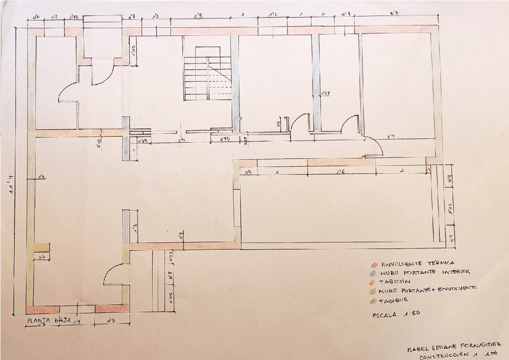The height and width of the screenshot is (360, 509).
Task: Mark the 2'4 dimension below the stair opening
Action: pos(181,140)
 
